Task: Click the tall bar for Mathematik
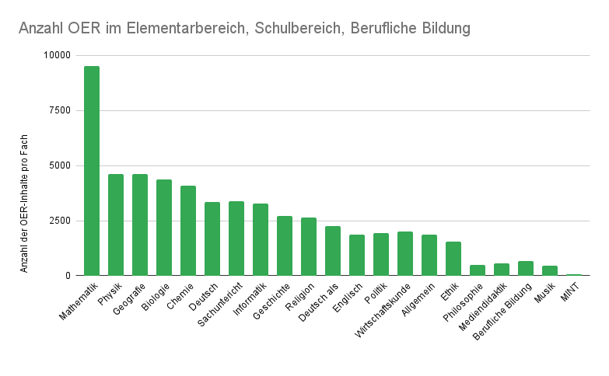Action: coord(92,171)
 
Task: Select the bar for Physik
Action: coord(116,225)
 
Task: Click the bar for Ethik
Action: coord(453,259)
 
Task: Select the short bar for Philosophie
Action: coord(478,270)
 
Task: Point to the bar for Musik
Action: coord(550,271)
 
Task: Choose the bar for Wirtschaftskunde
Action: coord(405,253)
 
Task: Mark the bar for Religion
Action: coord(309,246)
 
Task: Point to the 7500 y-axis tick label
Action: coord(59,110)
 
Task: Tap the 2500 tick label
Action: coord(59,221)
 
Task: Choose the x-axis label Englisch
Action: coord(348,296)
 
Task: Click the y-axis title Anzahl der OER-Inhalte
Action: coord(24,200)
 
